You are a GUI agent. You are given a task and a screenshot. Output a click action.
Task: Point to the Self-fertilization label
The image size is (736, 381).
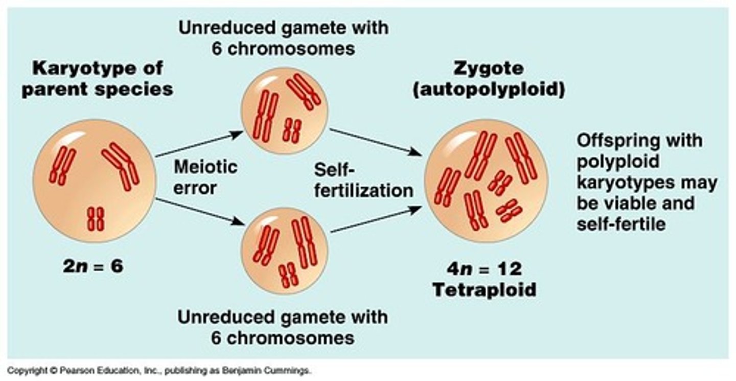pyautogui.click(x=363, y=180)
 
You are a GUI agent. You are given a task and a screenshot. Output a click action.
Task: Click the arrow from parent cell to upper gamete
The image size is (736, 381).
pyautogui.click(x=199, y=144)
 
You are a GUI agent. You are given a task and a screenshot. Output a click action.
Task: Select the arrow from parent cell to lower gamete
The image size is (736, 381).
pyautogui.click(x=199, y=211)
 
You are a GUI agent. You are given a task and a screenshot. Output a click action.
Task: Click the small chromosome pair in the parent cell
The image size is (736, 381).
pyautogui.click(x=95, y=218)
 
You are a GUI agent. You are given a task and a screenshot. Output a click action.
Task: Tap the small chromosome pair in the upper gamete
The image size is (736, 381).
pyautogui.click(x=292, y=129)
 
